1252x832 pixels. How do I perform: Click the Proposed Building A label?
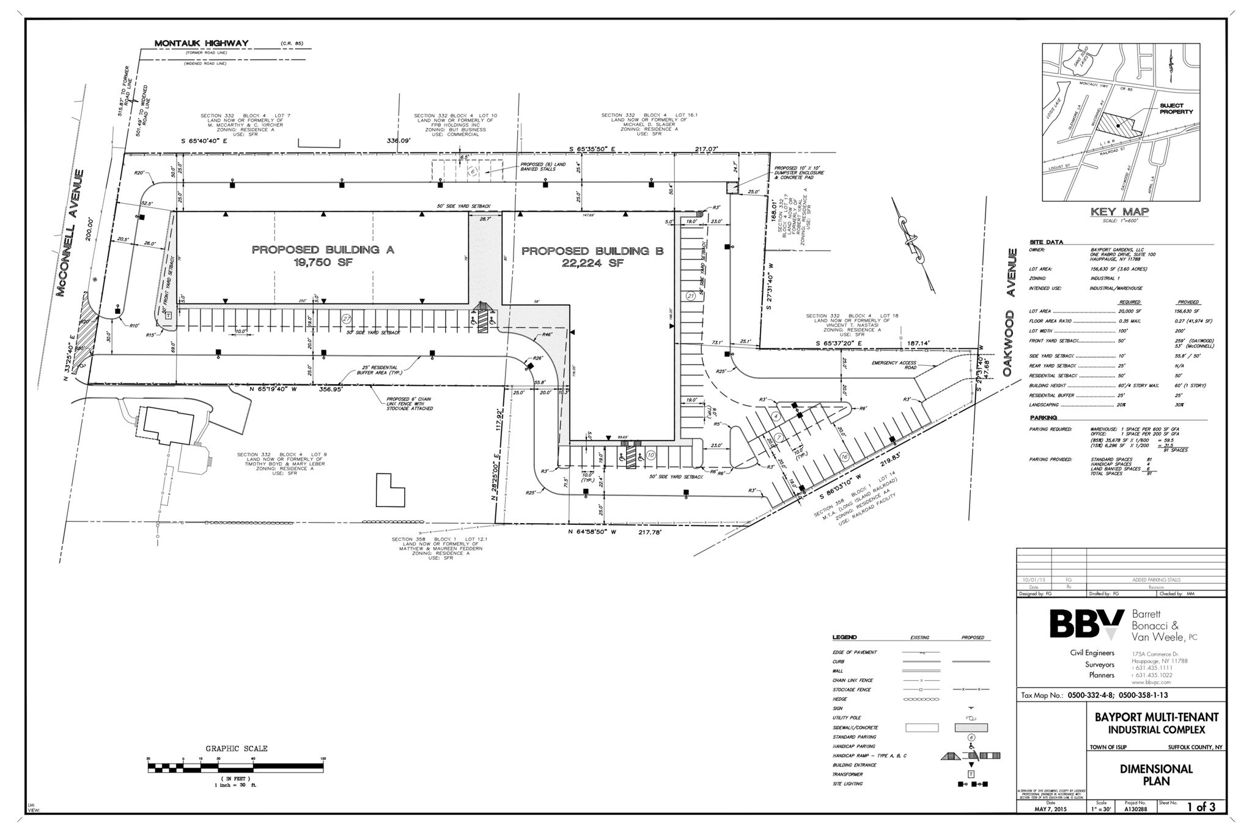click(323, 250)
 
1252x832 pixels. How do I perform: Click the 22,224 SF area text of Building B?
click(592, 263)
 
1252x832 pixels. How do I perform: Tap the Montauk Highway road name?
click(201, 43)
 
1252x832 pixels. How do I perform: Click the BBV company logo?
click(1086, 625)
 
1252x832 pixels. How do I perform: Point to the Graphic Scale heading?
click(236, 748)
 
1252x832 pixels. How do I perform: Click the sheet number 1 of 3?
click(1201, 808)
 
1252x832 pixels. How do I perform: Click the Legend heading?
click(844, 637)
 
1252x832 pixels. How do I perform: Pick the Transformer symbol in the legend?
click(971, 774)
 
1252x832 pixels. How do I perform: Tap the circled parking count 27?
click(347, 319)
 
